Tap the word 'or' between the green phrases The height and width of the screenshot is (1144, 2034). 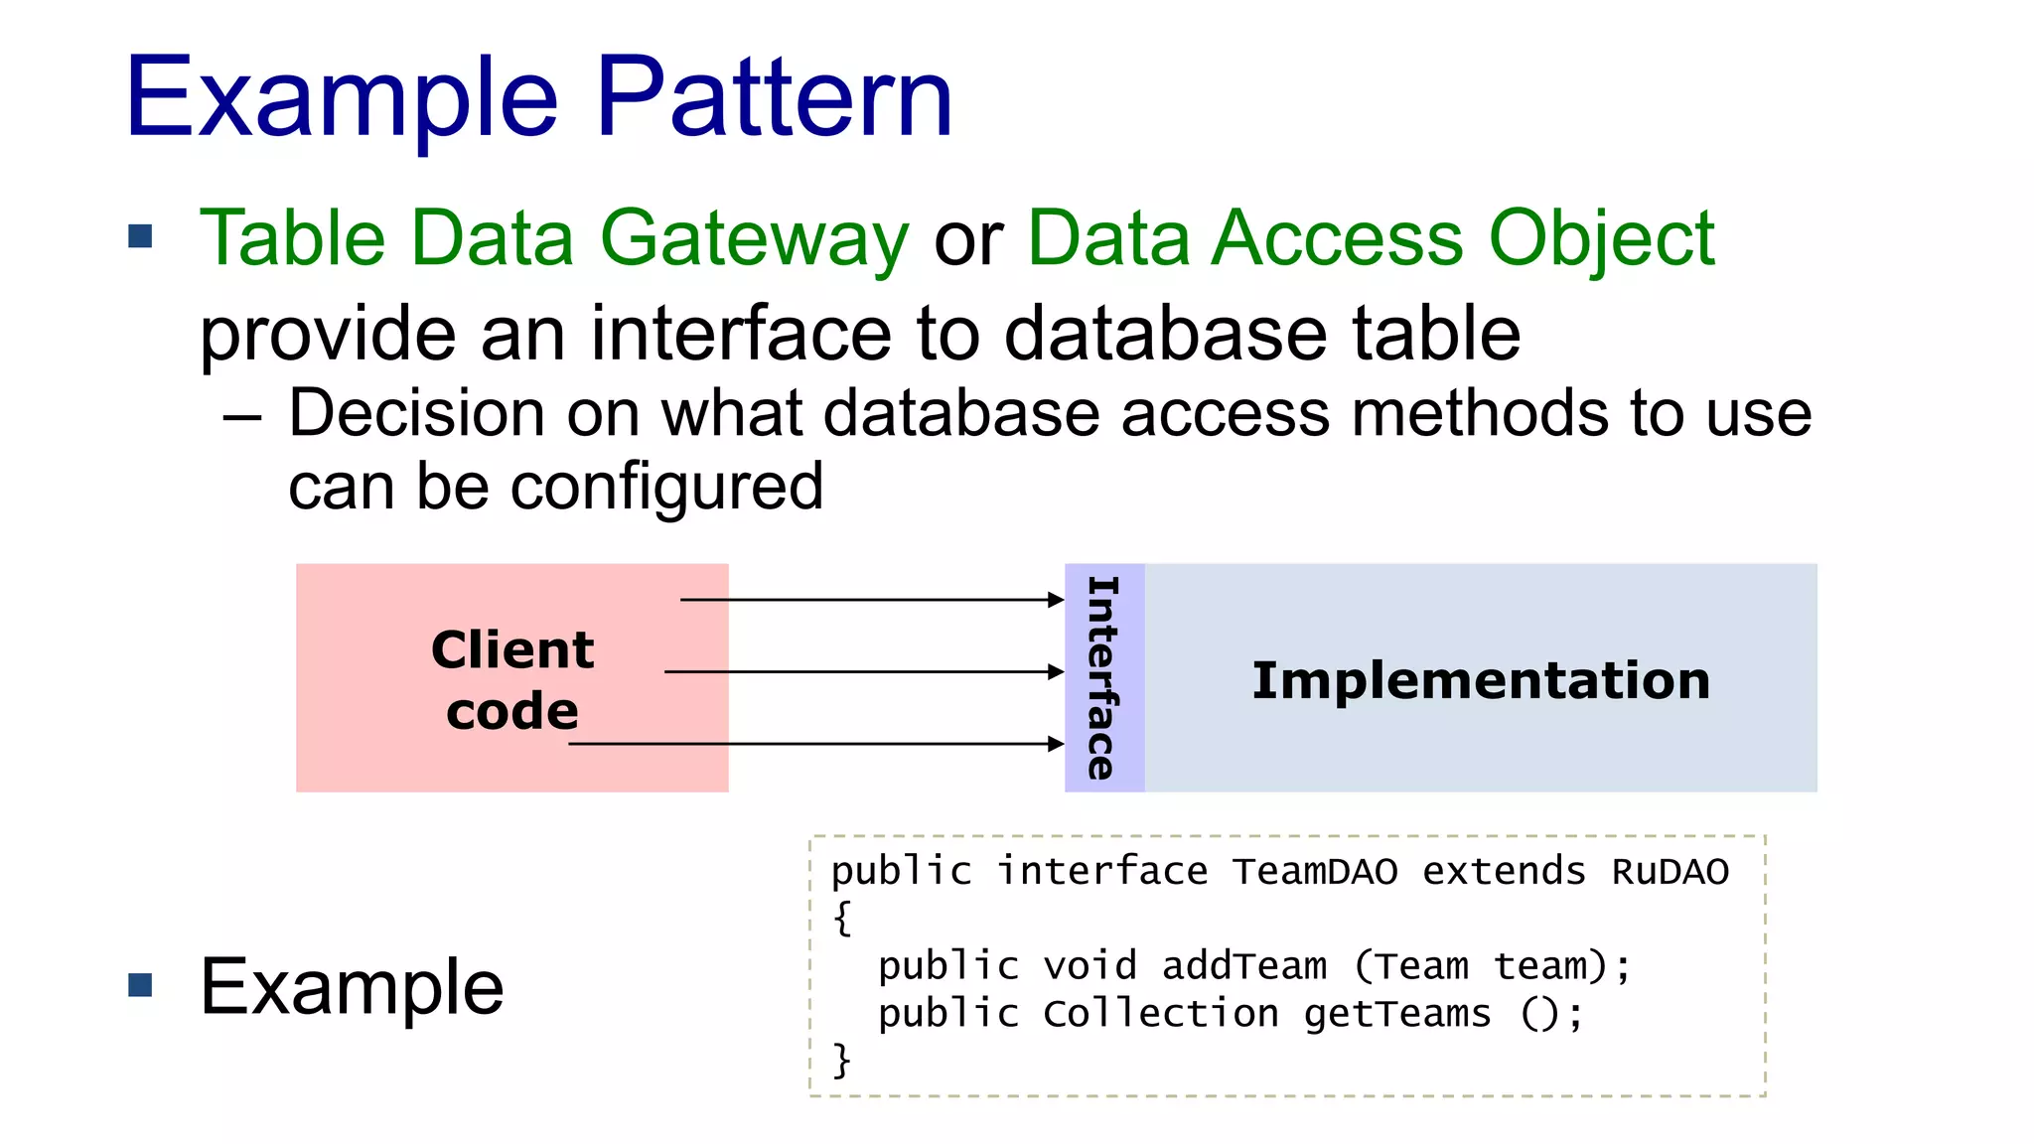click(968, 241)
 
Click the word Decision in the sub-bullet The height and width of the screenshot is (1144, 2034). click(417, 413)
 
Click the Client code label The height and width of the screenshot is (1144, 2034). click(512, 679)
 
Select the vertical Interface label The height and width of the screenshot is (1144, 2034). click(1103, 678)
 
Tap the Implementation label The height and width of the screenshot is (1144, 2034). click(1480, 680)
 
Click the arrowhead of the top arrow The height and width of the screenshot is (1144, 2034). click(1057, 600)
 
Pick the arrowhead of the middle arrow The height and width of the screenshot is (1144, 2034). click(1057, 672)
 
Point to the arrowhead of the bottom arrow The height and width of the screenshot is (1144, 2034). click(1057, 744)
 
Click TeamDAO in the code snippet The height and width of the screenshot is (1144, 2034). click(1314, 872)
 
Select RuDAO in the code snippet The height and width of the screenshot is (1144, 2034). click(1670, 872)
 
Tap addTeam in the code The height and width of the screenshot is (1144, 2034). click(1244, 965)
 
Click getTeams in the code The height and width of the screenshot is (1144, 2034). click(1397, 1014)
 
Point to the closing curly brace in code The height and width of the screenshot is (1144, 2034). click(842, 1060)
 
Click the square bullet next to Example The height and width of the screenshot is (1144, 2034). click(141, 985)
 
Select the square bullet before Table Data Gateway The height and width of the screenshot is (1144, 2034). click(141, 236)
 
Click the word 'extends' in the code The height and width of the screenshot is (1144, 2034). click(1504, 872)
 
